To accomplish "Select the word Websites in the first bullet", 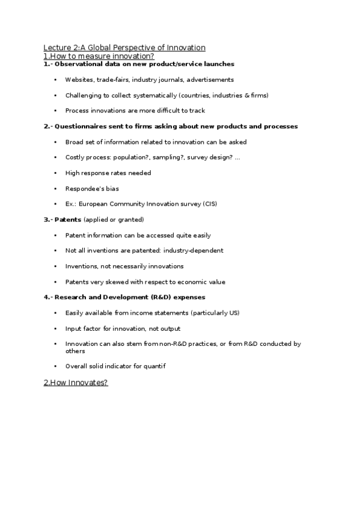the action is [79, 79].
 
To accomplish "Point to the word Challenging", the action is [85, 95].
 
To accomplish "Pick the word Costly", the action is [75, 158].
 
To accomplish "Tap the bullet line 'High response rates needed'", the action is [108, 173].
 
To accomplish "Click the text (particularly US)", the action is [214, 313].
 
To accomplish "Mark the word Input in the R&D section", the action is [73, 328].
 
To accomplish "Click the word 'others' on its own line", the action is [75, 351].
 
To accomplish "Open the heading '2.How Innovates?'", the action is [76, 382].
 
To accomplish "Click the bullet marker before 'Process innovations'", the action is [55, 111].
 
